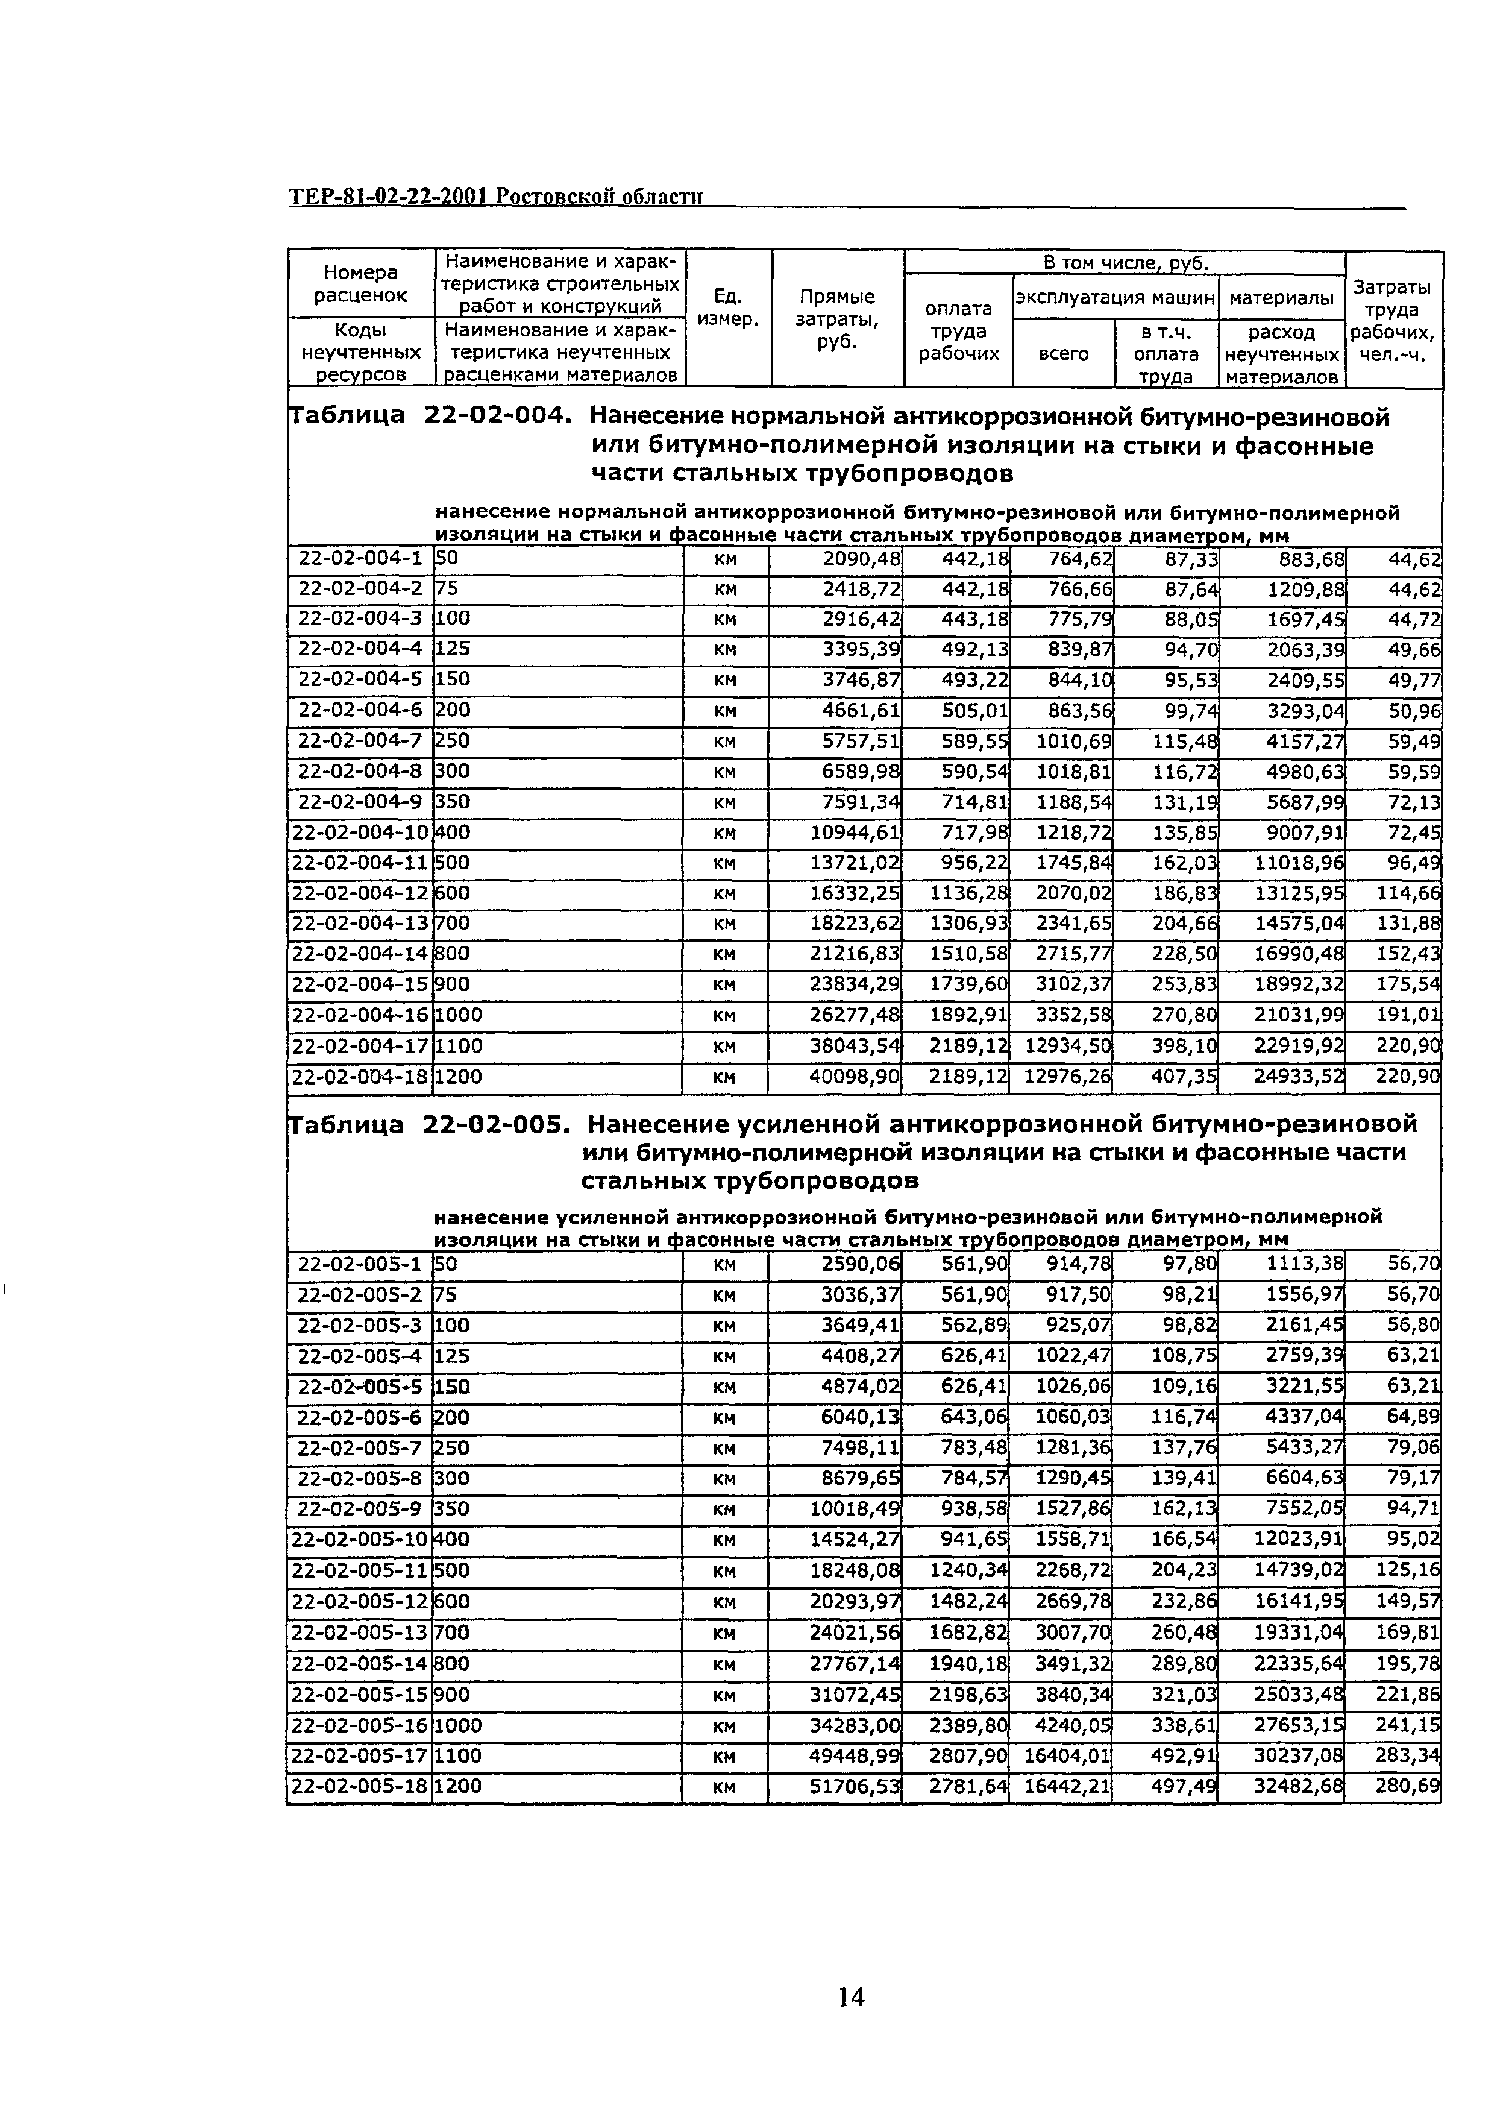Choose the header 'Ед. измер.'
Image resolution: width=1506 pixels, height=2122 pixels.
(x=728, y=308)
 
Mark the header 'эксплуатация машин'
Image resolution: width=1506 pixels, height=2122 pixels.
(x=1115, y=298)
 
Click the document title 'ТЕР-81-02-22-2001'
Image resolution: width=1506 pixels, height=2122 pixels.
(x=389, y=198)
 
